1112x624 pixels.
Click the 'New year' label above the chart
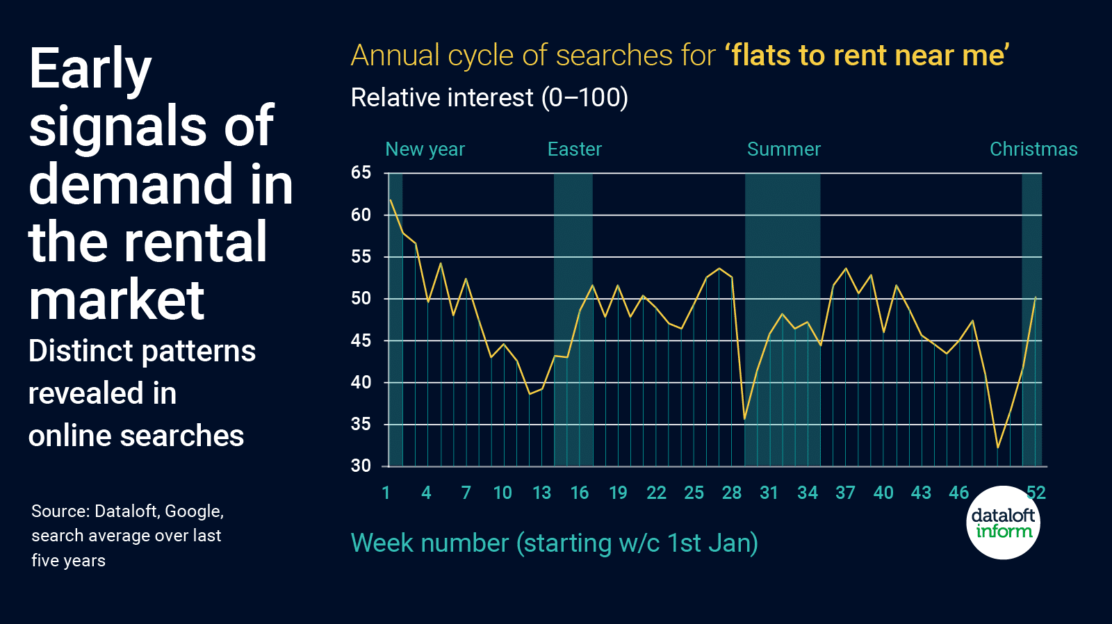coord(425,149)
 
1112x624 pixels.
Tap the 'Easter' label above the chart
coord(574,149)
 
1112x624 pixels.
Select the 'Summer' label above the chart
coord(783,149)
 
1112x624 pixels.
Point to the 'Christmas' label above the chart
coord(1033,149)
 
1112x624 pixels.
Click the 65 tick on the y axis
coord(361,172)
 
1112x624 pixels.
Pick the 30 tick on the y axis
coord(361,466)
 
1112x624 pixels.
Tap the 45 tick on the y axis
coord(361,340)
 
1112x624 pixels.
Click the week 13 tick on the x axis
coord(541,493)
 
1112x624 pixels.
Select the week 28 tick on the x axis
coord(731,493)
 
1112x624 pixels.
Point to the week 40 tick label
coord(883,493)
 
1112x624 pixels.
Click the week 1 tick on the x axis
coord(386,493)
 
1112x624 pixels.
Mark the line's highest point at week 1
coord(391,200)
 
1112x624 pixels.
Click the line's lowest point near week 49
coord(998,448)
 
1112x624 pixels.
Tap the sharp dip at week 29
coord(744,419)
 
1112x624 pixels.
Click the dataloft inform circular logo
coord(1003,523)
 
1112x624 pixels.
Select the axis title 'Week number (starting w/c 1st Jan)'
coord(554,543)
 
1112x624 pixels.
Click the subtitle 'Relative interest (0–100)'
coord(489,98)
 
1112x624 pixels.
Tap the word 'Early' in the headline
coord(90,69)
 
